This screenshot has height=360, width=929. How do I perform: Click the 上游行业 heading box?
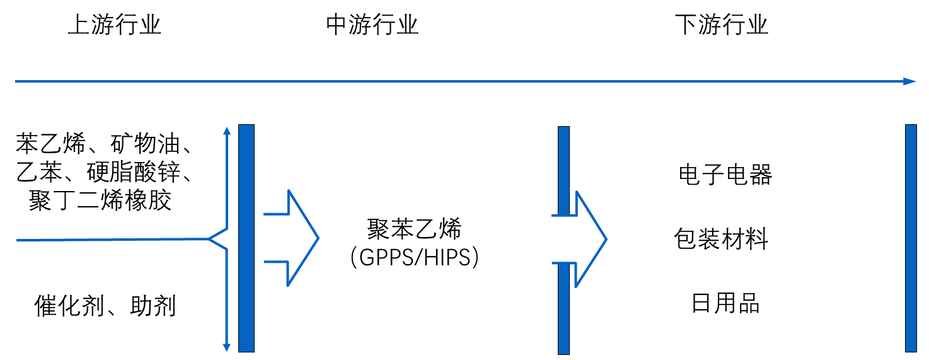114,25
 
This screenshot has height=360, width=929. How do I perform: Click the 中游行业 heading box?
372,25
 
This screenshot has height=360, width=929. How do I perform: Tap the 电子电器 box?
725,175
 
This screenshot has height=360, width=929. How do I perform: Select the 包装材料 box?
721,239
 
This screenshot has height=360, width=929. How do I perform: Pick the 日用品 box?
725,303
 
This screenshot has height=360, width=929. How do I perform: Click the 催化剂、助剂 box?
105,306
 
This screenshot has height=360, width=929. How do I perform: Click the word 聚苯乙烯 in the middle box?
415,229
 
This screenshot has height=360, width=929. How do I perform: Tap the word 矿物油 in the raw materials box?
146,145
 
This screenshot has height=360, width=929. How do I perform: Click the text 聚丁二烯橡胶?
100,201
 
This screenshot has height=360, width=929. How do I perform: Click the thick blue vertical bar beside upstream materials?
246,238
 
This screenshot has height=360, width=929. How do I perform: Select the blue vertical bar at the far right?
911,238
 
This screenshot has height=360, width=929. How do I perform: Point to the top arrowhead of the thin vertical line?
228,131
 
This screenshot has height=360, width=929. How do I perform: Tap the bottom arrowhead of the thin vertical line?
228,347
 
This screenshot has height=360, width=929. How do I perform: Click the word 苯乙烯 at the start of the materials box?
50,145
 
